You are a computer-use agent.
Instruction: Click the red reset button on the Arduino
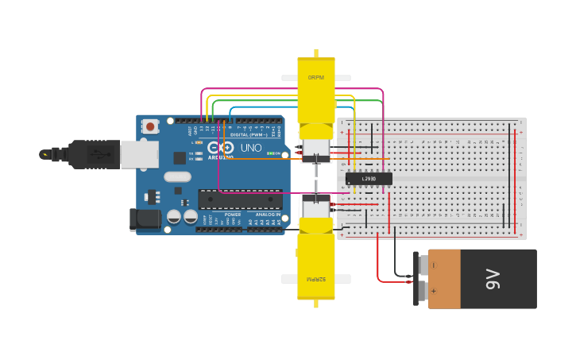pyautogui.click(x=150, y=126)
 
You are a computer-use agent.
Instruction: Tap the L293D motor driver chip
pyautogui.click(x=369, y=179)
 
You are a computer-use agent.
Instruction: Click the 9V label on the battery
pyautogui.click(x=493, y=279)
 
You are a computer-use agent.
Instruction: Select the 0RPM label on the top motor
pyautogui.click(x=316, y=78)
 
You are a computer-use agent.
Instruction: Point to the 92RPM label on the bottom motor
pyautogui.click(x=316, y=279)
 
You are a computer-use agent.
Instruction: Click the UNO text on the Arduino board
pyautogui.click(x=251, y=148)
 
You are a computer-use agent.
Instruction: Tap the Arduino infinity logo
pyautogui.click(x=220, y=148)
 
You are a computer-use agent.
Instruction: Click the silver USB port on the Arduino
pyautogui.click(x=139, y=154)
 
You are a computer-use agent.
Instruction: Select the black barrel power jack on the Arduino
pyautogui.click(x=144, y=219)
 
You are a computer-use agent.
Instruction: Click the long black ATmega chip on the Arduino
pyautogui.click(x=240, y=199)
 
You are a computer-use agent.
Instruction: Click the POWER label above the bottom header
pyautogui.click(x=233, y=215)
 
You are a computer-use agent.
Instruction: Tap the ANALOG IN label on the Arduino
pyautogui.click(x=266, y=215)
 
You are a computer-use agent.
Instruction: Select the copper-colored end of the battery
pyautogui.click(x=444, y=279)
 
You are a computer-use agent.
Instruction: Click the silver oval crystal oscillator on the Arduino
pyautogui.click(x=178, y=176)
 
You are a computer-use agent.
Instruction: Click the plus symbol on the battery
pyautogui.click(x=433, y=292)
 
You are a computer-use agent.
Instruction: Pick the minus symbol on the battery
pyautogui.click(x=433, y=265)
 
